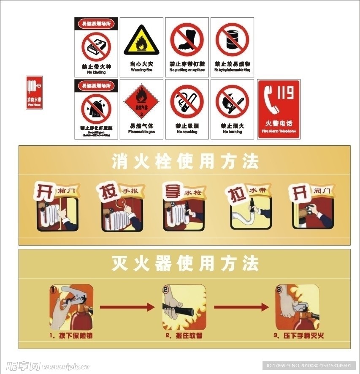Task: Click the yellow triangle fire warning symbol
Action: pyautogui.click(x=141, y=41)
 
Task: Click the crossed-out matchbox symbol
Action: pyautogui.click(x=96, y=46)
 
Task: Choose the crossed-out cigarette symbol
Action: pyautogui.click(x=187, y=102)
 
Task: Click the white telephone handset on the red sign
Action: pyautogui.click(x=272, y=100)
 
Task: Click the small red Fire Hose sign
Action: pyautogui.click(x=34, y=93)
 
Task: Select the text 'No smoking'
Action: pyautogui.click(x=187, y=132)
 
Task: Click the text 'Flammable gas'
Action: pyautogui.click(x=141, y=132)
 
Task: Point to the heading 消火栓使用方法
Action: pyautogui.click(x=185, y=161)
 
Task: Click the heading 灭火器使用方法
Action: pyautogui.click(x=185, y=264)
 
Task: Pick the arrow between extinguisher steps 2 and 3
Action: pyautogui.click(x=241, y=307)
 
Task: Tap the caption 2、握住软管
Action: pyautogui.click(x=184, y=336)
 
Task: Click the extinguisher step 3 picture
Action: pyautogui.click(x=298, y=307)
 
